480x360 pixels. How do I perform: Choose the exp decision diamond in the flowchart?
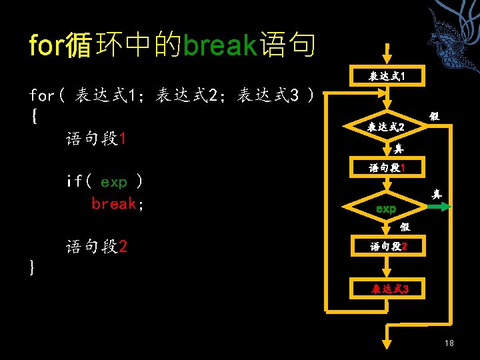tap(386, 209)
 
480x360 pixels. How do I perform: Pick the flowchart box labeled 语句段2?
tap(389, 247)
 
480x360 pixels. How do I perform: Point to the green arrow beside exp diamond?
tap(437, 208)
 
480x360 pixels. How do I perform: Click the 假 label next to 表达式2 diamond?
tap(434, 117)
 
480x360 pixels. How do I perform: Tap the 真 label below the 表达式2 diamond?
tap(399, 149)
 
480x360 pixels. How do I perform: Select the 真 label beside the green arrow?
tap(437, 195)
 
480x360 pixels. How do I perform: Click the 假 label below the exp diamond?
tap(405, 227)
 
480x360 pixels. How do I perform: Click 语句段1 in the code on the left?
tap(96, 139)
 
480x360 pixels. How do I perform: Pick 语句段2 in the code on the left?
tap(96, 247)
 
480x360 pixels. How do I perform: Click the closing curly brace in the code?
tap(33, 267)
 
